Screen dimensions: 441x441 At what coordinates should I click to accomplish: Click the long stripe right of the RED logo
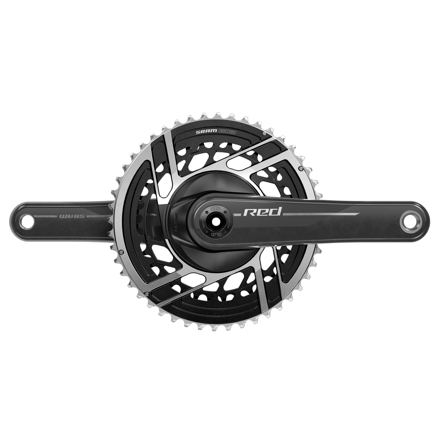[x=320, y=215]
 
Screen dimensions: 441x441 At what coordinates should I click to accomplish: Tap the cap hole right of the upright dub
[x=226, y=213]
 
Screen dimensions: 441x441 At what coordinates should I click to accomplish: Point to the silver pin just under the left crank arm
[x=121, y=244]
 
